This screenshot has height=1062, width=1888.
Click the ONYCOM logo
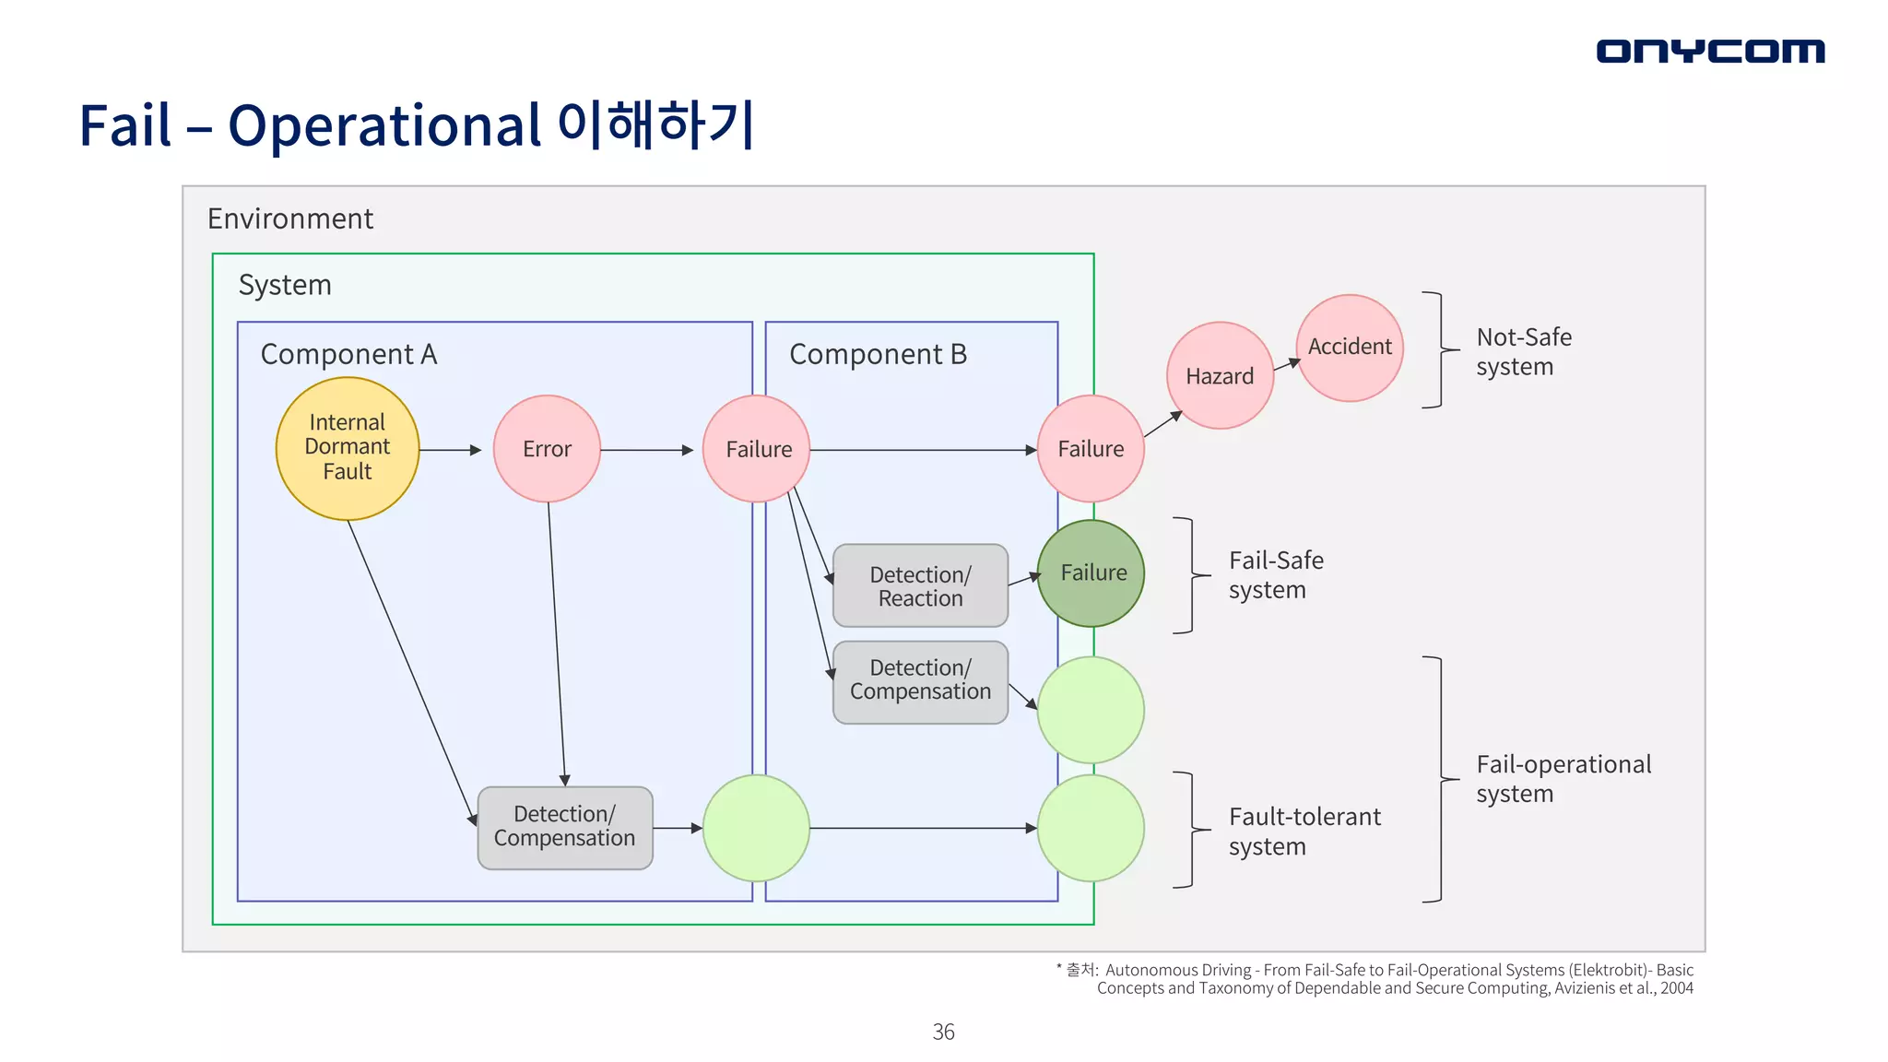1709,51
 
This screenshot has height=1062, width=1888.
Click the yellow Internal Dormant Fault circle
348,448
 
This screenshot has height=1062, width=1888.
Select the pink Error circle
547,449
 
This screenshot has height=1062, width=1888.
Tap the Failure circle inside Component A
757,449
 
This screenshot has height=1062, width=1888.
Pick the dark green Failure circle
1091,573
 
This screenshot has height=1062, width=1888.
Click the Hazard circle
1220,376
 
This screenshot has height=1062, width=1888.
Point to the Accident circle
1350,348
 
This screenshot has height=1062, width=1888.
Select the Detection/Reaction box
920,586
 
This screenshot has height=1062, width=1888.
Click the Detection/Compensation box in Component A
565,827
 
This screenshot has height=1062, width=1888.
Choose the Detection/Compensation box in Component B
920,681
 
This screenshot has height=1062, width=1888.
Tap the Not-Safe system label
1523,351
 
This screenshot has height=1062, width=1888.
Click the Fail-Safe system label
1276,574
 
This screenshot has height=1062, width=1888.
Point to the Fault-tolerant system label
1304,831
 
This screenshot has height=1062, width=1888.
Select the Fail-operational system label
1563,778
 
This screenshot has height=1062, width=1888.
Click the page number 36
943,1032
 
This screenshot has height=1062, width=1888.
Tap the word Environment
290,219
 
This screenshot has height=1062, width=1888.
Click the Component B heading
878,354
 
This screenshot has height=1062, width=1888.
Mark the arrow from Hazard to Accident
1286,365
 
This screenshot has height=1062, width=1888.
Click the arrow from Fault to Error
451,450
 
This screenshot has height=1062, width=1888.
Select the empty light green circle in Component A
757,828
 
